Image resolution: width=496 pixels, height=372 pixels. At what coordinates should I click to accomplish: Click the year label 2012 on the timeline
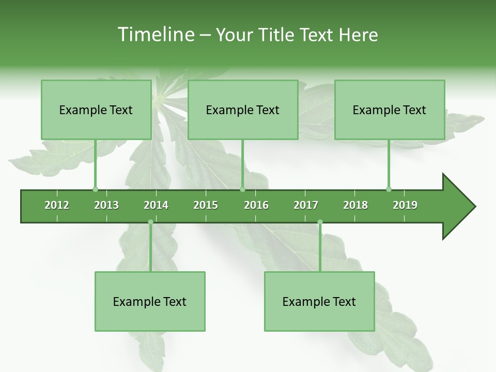click(x=57, y=205)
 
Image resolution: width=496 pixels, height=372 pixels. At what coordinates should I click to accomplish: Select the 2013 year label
click(x=106, y=205)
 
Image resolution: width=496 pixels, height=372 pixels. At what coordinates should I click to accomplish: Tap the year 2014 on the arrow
click(x=156, y=205)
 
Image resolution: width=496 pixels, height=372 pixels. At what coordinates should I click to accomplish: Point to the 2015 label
click(x=206, y=205)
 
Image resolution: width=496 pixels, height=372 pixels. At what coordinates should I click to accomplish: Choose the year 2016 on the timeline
click(x=256, y=205)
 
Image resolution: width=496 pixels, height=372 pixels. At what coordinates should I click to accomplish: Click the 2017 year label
click(x=306, y=205)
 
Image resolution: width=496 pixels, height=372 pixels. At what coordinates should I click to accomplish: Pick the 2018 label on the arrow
click(x=355, y=205)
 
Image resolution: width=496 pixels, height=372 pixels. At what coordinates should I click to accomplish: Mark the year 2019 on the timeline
click(x=405, y=205)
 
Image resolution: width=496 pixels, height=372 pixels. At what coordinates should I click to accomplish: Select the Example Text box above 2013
click(x=96, y=110)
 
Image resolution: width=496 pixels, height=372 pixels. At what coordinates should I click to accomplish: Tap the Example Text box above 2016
click(x=243, y=110)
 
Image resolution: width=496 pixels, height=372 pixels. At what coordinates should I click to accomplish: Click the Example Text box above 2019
click(x=390, y=110)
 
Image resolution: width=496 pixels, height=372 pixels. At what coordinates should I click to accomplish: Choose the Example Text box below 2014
click(x=150, y=302)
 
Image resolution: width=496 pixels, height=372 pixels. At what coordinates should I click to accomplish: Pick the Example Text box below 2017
click(x=319, y=302)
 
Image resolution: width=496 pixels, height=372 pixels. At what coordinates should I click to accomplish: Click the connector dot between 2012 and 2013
click(x=95, y=189)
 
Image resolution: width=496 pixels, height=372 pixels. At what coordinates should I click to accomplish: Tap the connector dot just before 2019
click(x=389, y=189)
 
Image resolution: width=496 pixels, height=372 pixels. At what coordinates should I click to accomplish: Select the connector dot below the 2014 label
click(x=150, y=222)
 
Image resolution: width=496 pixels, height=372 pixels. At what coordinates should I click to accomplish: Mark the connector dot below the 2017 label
click(x=320, y=222)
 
